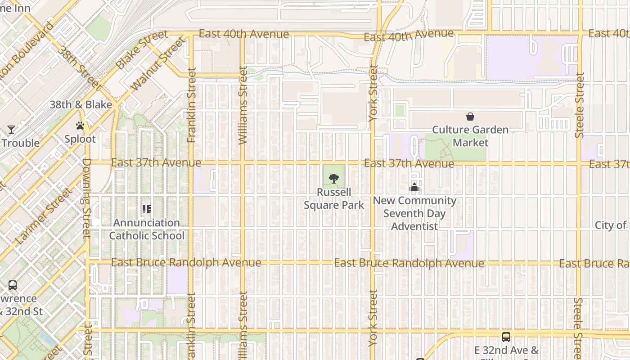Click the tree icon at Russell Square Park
(333, 179)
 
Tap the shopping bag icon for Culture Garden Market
(470, 117)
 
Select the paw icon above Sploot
(80, 126)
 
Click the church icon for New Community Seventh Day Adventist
(414, 188)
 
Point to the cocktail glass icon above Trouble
(11, 130)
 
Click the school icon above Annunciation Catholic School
(147, 209)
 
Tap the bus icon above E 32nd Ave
(506, 337)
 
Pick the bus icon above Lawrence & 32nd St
(13, 285)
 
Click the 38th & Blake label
(81, 105)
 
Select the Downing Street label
(87, 198)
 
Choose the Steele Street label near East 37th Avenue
(580, 105)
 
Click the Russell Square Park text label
(334, 198)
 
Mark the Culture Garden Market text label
(470, 136)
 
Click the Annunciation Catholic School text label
(147, 229)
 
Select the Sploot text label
(80, 139)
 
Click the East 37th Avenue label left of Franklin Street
(156, 162)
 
